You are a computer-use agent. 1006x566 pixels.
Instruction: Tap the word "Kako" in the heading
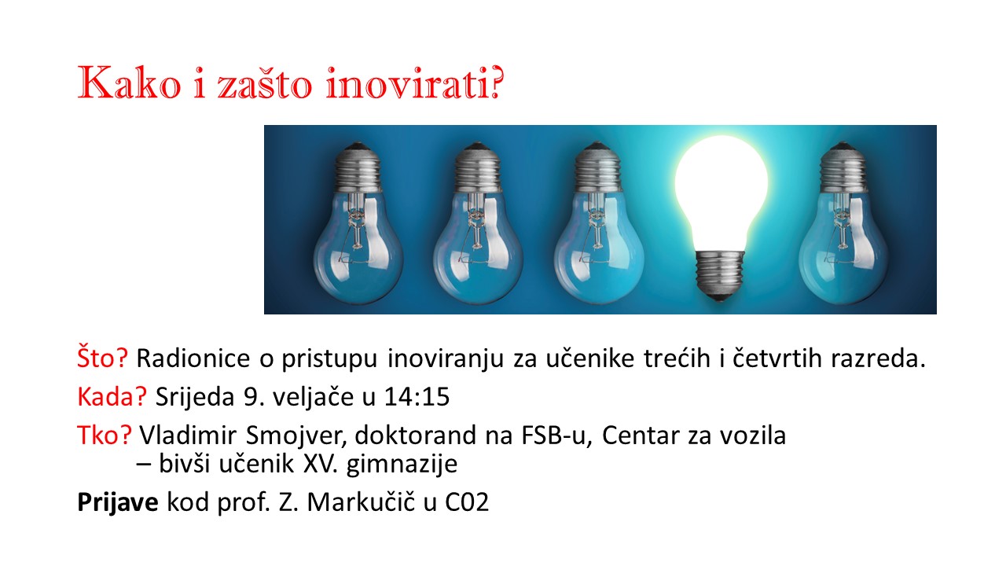(x=130, y=83)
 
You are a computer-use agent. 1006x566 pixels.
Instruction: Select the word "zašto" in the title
(x=265, y=83)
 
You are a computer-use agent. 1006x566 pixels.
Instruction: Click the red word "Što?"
(x=103, y=358)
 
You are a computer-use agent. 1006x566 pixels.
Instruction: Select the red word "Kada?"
(x=112, y=397)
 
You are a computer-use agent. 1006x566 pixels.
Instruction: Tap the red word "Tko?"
(x=105, y=435)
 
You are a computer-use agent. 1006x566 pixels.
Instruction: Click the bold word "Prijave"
(x=118, y=502)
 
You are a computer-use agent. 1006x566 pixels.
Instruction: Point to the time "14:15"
(x=417, y=397)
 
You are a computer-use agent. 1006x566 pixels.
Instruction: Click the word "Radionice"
(x=193, y=358)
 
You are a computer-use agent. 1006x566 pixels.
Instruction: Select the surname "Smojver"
(x=296, y=436)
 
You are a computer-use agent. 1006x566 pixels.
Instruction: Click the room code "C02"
(x=467, y=502)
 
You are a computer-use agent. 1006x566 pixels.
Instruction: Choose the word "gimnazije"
(x=402, y=465)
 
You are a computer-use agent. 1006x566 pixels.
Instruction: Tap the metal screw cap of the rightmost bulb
(x=843, y=167)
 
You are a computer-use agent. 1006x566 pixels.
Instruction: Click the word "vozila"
(x=753, y=436)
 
